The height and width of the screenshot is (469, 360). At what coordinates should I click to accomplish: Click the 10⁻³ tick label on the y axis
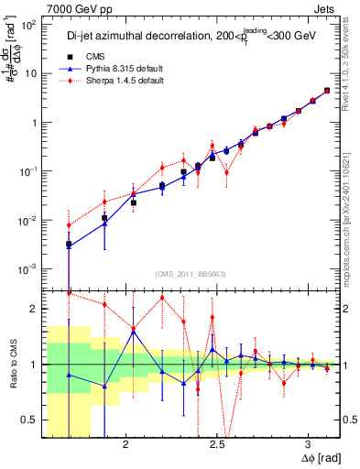[x=28, y=268]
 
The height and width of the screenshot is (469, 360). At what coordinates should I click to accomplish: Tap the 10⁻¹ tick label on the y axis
[x=28, y=171]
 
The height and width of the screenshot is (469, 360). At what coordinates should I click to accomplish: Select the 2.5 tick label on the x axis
[x=217, y=442]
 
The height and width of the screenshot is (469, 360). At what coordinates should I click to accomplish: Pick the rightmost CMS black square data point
[x=327, y=91]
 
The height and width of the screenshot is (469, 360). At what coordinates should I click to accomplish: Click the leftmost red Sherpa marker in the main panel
[x=69, y=225]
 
